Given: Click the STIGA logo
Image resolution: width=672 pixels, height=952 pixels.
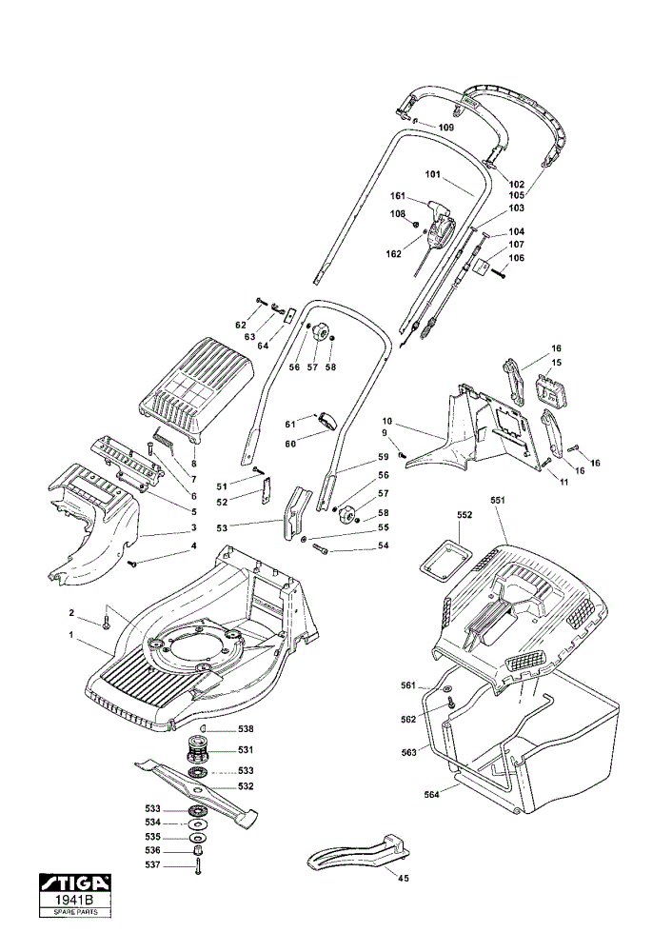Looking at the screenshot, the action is tap(75, 882).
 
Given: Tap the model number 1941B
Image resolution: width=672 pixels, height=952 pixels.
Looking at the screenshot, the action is tap(75, 900).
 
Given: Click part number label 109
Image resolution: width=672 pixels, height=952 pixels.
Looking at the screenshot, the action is tap(446, 128).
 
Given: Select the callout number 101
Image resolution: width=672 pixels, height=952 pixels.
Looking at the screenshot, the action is tap(433, 174).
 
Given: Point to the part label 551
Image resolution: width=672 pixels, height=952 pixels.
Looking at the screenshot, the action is tap(497, 501).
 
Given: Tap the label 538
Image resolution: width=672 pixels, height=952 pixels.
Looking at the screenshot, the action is tap(246, 729).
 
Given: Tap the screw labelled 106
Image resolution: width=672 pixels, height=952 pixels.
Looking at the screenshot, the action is tap(499, 274).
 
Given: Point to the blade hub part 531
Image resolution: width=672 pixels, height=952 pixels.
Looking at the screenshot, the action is tap(199, 749).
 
